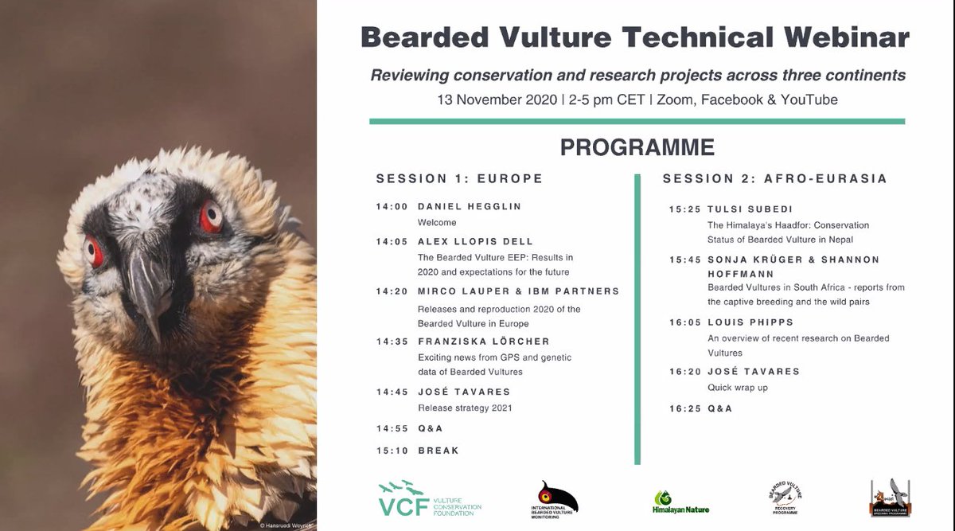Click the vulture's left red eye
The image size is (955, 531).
click(94, 251)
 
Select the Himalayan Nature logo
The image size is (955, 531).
click(680, 502)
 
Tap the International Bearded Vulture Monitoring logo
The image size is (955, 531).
click(554, 500)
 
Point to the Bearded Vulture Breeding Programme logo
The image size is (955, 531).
click(890, 498)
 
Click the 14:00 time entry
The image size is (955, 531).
click(392, 206)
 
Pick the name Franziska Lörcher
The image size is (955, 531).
click(483, 342)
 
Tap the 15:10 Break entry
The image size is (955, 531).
click(418, 451)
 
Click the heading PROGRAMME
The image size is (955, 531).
click(637, 147)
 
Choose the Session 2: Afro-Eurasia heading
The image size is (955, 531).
click(774, 178)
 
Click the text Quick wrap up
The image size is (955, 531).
click(738, 388)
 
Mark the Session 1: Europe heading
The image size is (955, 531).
click(459, 178)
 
